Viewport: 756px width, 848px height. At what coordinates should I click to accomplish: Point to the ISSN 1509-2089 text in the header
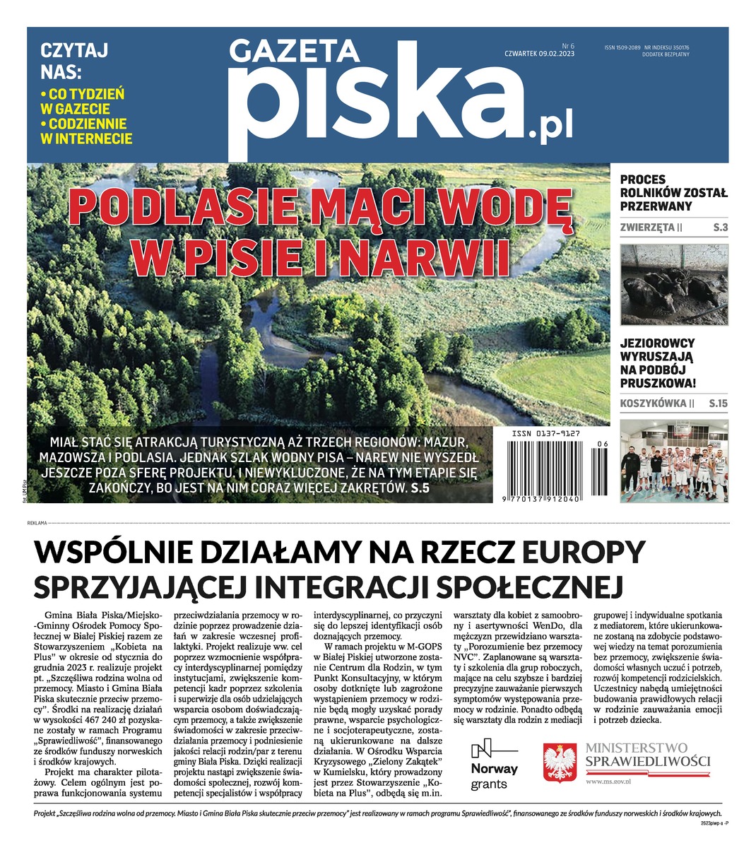pyautogui.click(x=622, y=47)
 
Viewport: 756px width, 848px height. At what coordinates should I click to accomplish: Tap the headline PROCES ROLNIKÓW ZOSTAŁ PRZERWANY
pyautogui.click(x=673, y=193)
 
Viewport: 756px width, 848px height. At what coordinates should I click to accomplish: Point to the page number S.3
pyautogui.click(x=720, y=228)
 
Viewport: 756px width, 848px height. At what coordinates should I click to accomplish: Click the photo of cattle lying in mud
pyautogui.click(x=673, y=284)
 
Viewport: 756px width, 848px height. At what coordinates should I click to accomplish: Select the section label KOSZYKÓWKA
pyautogui.click(x=653, y=404)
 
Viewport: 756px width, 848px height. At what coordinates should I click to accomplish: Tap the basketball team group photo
pyautogui.click(x=673, y=461)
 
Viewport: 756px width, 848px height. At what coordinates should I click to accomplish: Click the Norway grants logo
pyautogui.click(x=494, y=765)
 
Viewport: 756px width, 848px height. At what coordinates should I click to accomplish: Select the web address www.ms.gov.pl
pyautogui.click(x=609, y=782)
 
